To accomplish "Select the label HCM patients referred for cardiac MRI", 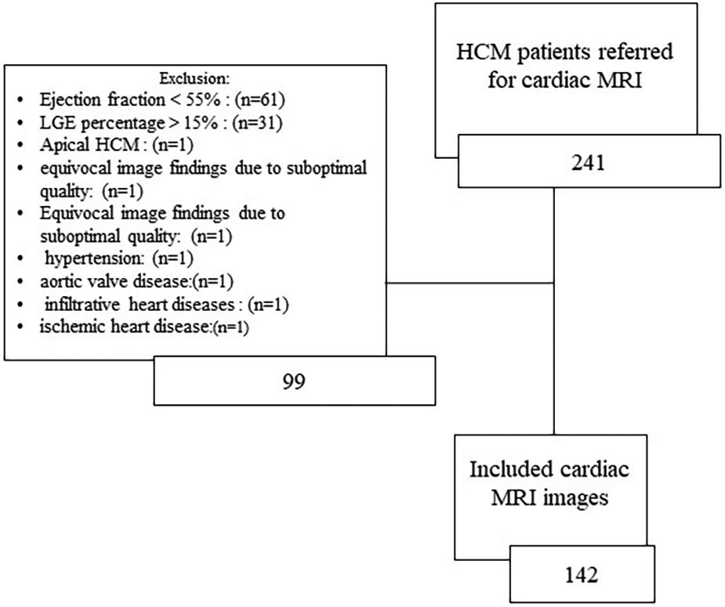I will click(x=564, y=67).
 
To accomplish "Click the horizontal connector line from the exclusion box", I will click(x=470, y=283).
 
